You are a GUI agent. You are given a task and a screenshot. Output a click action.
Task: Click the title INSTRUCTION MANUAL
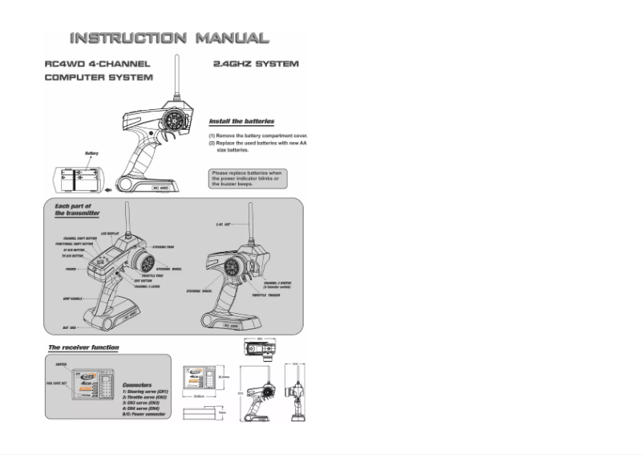pos(168,38)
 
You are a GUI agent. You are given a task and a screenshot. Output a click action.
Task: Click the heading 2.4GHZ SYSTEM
pos(256,63)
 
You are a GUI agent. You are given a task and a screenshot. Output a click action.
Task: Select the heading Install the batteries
pos(241,122)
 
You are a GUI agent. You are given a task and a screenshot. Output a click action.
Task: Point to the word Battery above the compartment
pos(92,153)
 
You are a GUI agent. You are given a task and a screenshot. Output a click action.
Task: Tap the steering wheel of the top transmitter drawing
pos(177,121)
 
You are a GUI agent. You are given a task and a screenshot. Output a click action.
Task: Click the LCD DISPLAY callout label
pos(110,233)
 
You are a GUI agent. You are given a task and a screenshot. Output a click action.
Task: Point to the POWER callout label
pos(71,270)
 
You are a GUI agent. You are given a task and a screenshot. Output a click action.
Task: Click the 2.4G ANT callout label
pos(224,223)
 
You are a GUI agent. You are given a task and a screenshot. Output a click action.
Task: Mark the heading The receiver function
pos(84,347)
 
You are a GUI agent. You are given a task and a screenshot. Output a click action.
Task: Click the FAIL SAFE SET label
pos(56,384)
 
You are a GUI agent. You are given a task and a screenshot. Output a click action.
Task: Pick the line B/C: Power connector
pos(144,414)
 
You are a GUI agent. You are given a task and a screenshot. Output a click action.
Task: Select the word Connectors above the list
pos(138,384)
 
